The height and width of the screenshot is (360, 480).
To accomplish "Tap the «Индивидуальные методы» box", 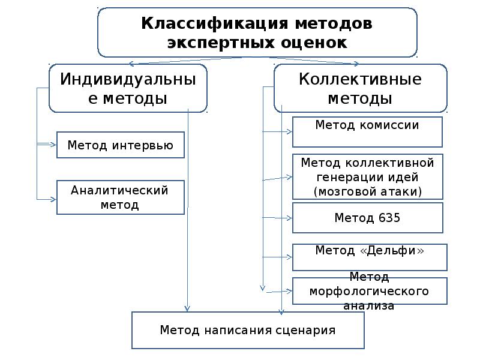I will pos(128,88).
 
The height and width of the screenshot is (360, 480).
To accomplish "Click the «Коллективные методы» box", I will pos(360,88).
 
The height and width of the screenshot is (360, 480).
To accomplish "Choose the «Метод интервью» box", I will pos(120,145).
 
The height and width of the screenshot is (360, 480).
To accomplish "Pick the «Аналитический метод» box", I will pos(120,197).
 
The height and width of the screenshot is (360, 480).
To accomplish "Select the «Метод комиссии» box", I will pos(367,132).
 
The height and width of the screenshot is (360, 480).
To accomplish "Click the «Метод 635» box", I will pos(367,218).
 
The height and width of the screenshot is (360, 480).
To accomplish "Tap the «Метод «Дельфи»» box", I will pos(370,257).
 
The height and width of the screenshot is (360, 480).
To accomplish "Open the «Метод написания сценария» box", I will pos(247,330).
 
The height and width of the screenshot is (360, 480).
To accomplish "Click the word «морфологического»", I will pos(368,291).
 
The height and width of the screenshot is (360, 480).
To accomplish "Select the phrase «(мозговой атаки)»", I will pos(368,191).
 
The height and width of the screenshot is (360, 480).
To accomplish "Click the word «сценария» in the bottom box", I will pos(307,330).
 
